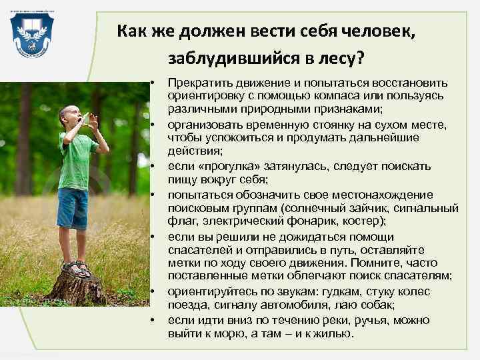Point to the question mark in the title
pyautogui.click(x=360, y=58)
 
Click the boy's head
pyautogui.click(x=71, y=117)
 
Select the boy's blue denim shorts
pyautogui.click(x=72, y=207)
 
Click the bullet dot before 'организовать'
pyautogui.click(x=153, y=125)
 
